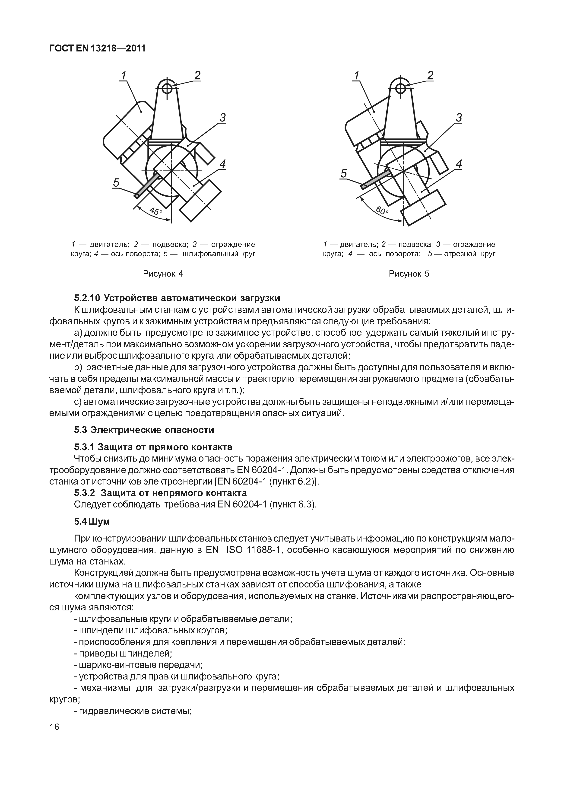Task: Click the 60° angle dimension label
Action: [382, 210]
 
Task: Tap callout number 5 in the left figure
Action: [117, 182]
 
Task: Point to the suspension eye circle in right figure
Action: [400, 89]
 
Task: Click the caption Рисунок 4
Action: [163, 274]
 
